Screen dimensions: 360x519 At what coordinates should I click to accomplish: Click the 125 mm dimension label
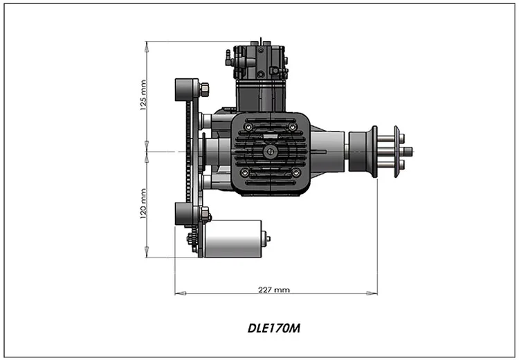[x=143, y=96]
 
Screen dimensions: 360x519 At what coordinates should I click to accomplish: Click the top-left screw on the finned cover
[x=246, y=127]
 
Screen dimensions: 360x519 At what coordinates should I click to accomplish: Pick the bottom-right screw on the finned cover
[x=295, y=172]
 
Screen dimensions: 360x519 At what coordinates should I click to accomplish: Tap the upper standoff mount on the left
[x=185, y=89]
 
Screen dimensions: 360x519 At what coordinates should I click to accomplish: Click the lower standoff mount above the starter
[x=185, y=213]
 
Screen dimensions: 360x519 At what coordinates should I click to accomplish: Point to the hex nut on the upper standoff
[x=204, y=89]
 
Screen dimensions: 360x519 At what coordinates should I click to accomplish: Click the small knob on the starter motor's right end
[x=267, y=239]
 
